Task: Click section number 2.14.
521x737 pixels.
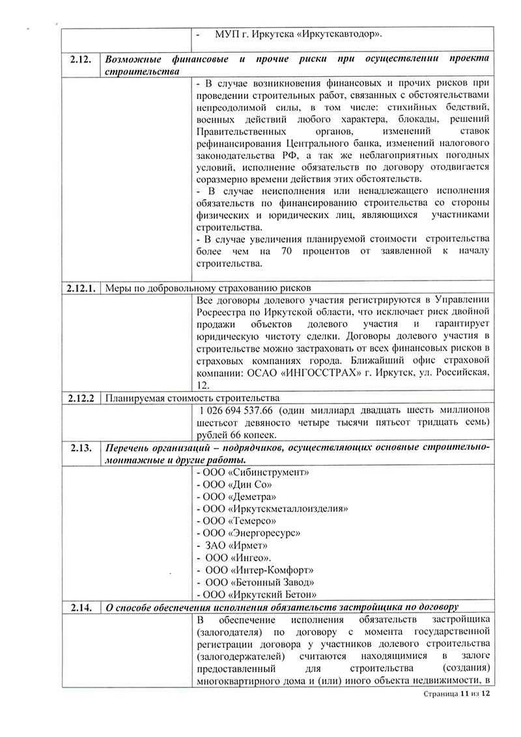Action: point(81,607)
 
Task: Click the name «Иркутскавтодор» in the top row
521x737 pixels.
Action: point(339,33)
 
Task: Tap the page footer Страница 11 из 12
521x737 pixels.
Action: point(455,695)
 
